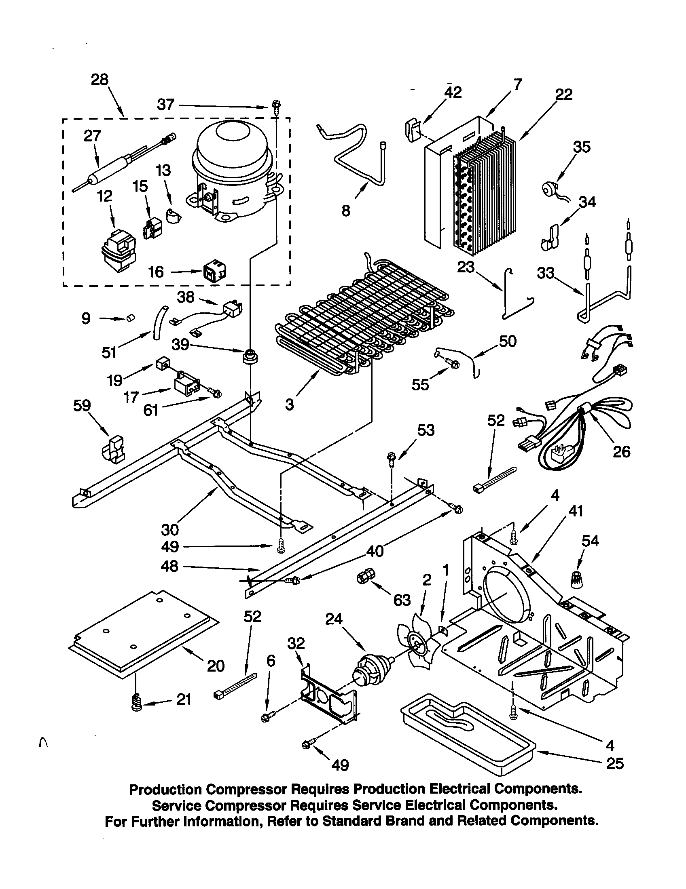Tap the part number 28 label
100,79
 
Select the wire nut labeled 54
578,579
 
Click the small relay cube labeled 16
214,272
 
